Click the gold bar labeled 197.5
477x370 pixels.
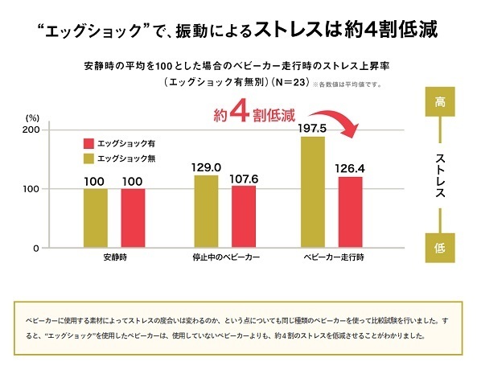coord(312,192)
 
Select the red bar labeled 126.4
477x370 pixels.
coord(350,212)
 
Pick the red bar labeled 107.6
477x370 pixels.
coord(244,217)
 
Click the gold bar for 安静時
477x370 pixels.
coord(95,218)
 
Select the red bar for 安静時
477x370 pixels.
coord(133,218)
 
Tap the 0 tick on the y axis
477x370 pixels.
coord(35,249)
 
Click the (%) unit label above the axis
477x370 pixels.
coord(32,117)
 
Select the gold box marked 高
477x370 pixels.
coord(439,104)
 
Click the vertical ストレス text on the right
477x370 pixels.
coord(440,175)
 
